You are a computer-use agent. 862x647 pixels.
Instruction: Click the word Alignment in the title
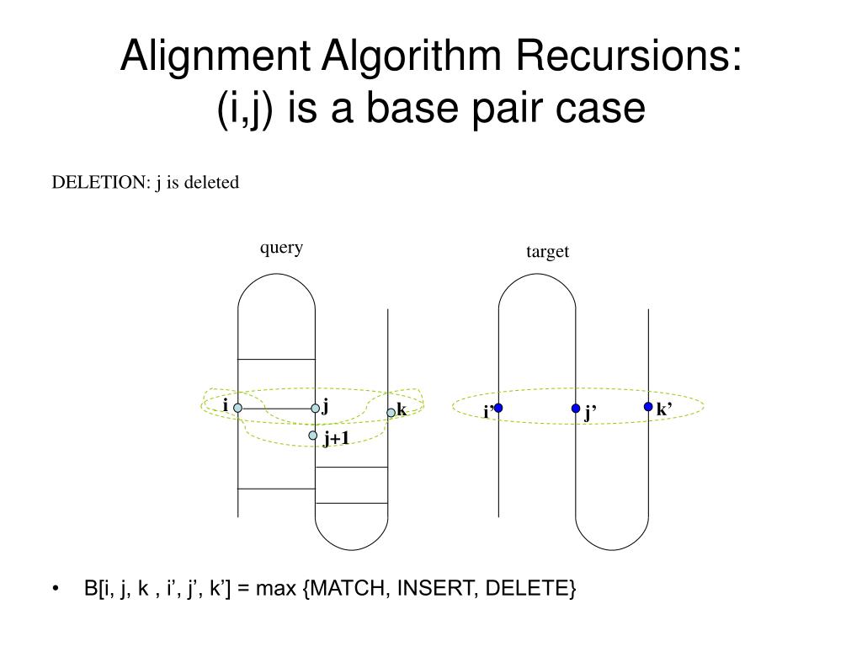(220, 58)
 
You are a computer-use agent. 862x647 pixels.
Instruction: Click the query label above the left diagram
(281, 247)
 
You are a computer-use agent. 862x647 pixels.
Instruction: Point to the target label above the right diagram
(548, 251)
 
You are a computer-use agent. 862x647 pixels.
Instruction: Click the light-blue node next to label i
(238, 408)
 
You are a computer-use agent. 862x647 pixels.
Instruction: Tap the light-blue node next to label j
(316, 408)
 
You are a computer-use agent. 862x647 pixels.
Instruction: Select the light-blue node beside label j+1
(313, 436)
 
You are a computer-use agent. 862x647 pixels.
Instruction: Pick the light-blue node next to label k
(391, 412)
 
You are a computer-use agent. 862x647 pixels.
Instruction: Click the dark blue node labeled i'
(498, 408)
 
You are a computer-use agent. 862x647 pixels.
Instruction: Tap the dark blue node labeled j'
(576, 409)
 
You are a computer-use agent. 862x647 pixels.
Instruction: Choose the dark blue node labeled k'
(648, 407)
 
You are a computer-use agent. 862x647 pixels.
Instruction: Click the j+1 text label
(336, 437)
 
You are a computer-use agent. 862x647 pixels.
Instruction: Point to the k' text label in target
(663, 410)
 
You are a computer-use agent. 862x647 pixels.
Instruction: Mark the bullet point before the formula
(56, 589)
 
